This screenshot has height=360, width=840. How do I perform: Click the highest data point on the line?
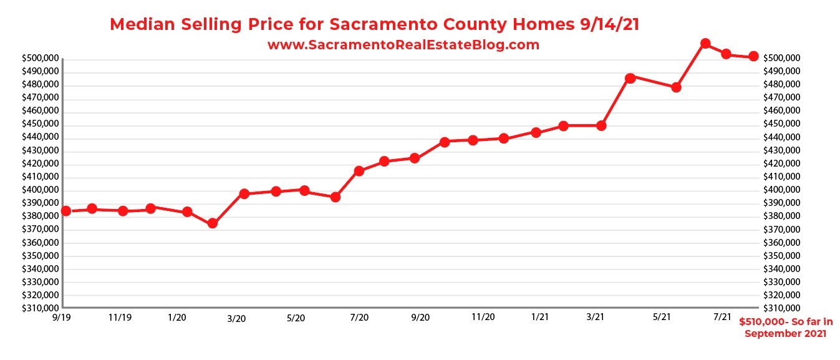tap(705, 44)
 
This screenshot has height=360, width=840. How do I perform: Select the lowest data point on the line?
tap(212, 223)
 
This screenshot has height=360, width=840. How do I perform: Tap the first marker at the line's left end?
tap(66, 211)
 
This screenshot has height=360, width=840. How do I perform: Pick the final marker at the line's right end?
tap(753, 56)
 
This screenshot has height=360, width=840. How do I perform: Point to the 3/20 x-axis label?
tap(236, 319)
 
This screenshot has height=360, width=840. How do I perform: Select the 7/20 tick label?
tap(359, 318)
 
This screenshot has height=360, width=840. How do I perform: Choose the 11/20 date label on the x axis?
tap(483, 317)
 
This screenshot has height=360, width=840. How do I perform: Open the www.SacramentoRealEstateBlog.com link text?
tap(403, 45)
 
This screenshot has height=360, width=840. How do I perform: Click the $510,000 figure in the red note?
tap(761, 323)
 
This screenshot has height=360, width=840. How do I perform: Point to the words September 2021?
tap(785, 334)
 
